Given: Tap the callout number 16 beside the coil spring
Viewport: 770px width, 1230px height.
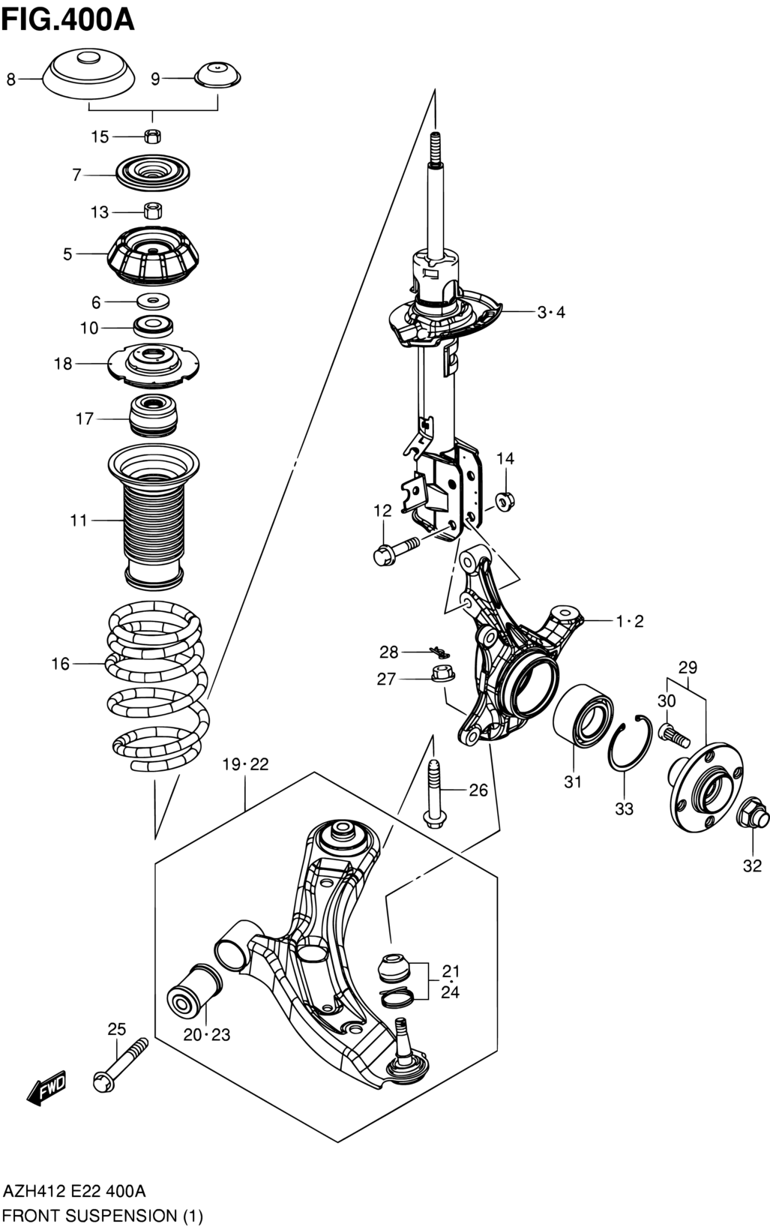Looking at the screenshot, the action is pyautogui.click(x=61, y=664).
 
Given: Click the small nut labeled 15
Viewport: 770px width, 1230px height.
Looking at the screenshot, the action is pyautogui.click(x=152, y=136).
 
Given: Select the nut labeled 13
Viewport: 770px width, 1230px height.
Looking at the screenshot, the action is pyautogui.click(x=153, y=211).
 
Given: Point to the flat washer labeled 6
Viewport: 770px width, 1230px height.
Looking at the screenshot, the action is pyautogui.click(x=153, y=301).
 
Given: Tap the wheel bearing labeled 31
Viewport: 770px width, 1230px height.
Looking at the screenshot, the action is pyautogui.click(x=583, y=714).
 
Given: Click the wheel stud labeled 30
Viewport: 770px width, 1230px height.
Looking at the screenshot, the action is pyautogui.click(x=677, y=735).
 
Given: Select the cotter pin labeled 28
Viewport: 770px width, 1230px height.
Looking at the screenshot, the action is pyautogui.click(x=440, y=651).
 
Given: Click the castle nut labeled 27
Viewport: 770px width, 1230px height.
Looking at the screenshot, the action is pyautogui.click(x=443, y=673).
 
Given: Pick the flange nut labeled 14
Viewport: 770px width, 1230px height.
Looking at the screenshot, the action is pyautogui.click(x=504, y=501).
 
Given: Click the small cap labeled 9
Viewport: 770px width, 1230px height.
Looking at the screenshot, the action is pyautogui.click(x=218, y=75).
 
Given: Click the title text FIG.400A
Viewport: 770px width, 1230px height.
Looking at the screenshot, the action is pyautogui.click(x=68, y=19).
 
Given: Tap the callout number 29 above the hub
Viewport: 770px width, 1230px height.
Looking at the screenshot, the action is pyautogui.click(x=687, y=667).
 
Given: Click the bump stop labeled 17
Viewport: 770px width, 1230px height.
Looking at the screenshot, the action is pyautogui.click(x=154, y=415).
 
